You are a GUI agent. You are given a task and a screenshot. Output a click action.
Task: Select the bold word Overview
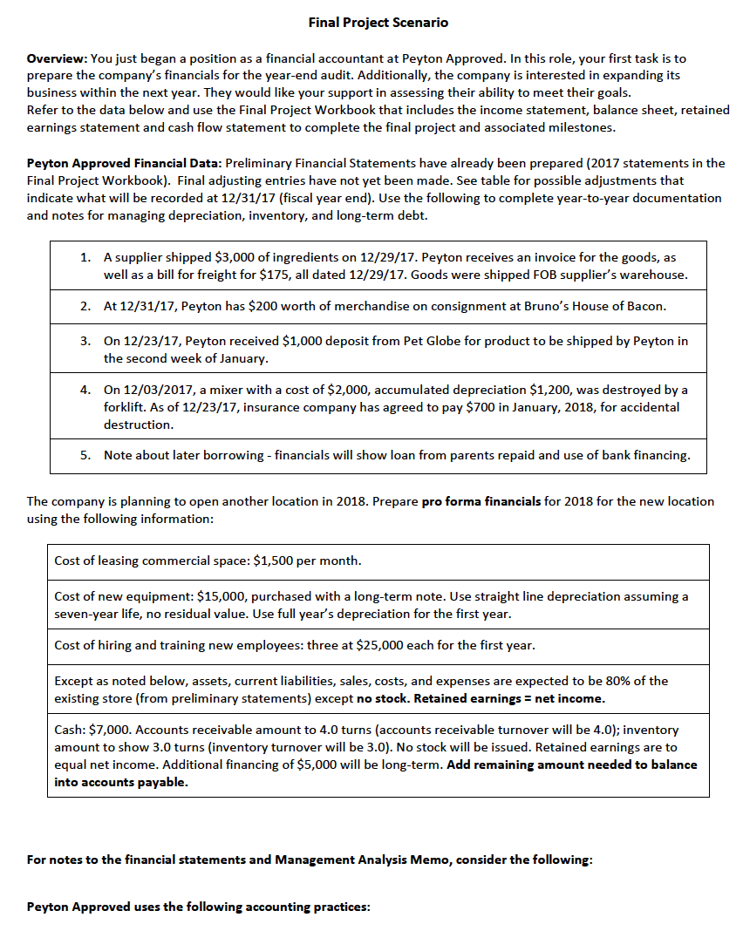pyautogui.click(x=54, y=58)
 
